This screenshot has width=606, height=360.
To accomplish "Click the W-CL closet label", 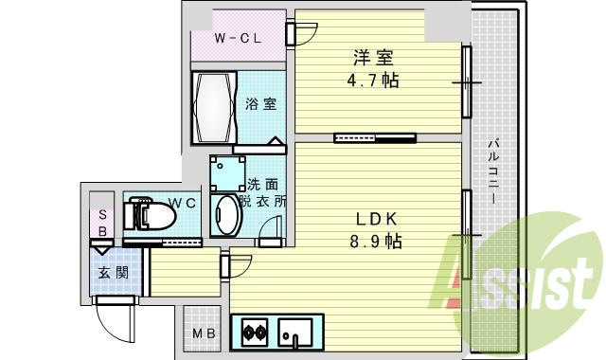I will coord(238,39).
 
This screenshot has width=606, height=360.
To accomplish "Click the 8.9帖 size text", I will coord(373,242).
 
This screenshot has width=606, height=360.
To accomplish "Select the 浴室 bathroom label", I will coord(260,103).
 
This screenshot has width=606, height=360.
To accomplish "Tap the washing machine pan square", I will coord(226,172).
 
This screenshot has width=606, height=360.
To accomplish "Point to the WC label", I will coord(183,203).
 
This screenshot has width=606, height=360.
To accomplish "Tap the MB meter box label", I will coord(204,333).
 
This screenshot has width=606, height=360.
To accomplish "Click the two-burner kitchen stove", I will coord(255,333).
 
